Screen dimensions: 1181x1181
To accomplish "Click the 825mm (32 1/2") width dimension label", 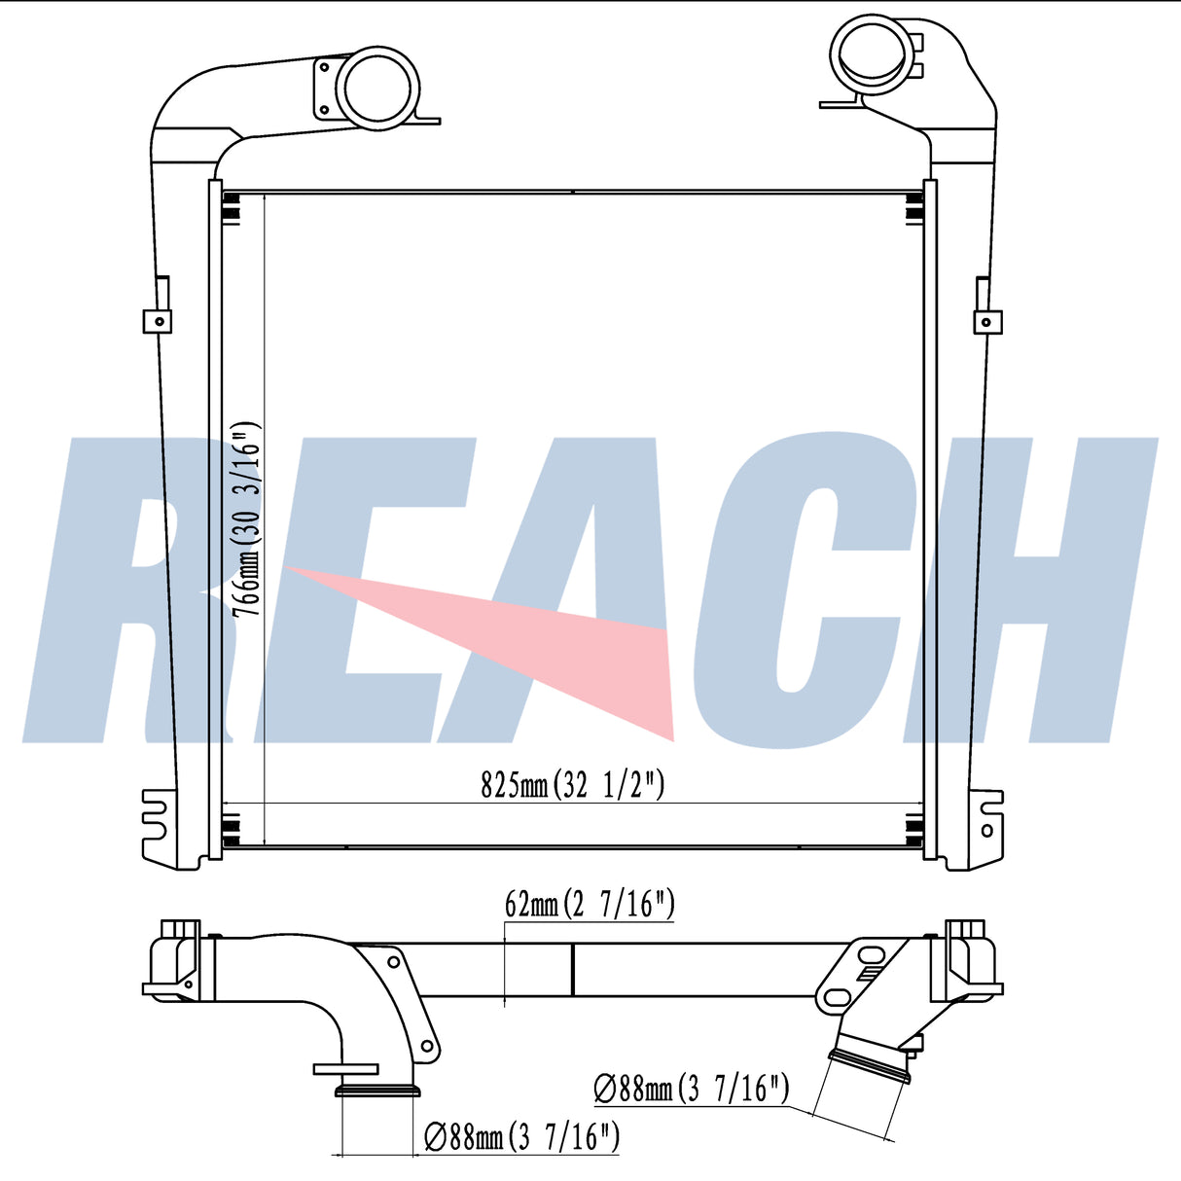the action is [x=572, y=785].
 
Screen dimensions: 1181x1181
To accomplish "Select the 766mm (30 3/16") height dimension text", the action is [x=247, y=520].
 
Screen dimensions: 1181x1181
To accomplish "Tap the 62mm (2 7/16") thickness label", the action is [x=590, y=905].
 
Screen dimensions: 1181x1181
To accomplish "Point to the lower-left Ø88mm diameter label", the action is [x=521, y=1137].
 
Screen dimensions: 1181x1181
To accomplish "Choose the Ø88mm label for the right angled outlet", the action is [x=692, y=1090].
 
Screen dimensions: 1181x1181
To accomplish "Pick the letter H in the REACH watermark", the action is [x=1029, y=590].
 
